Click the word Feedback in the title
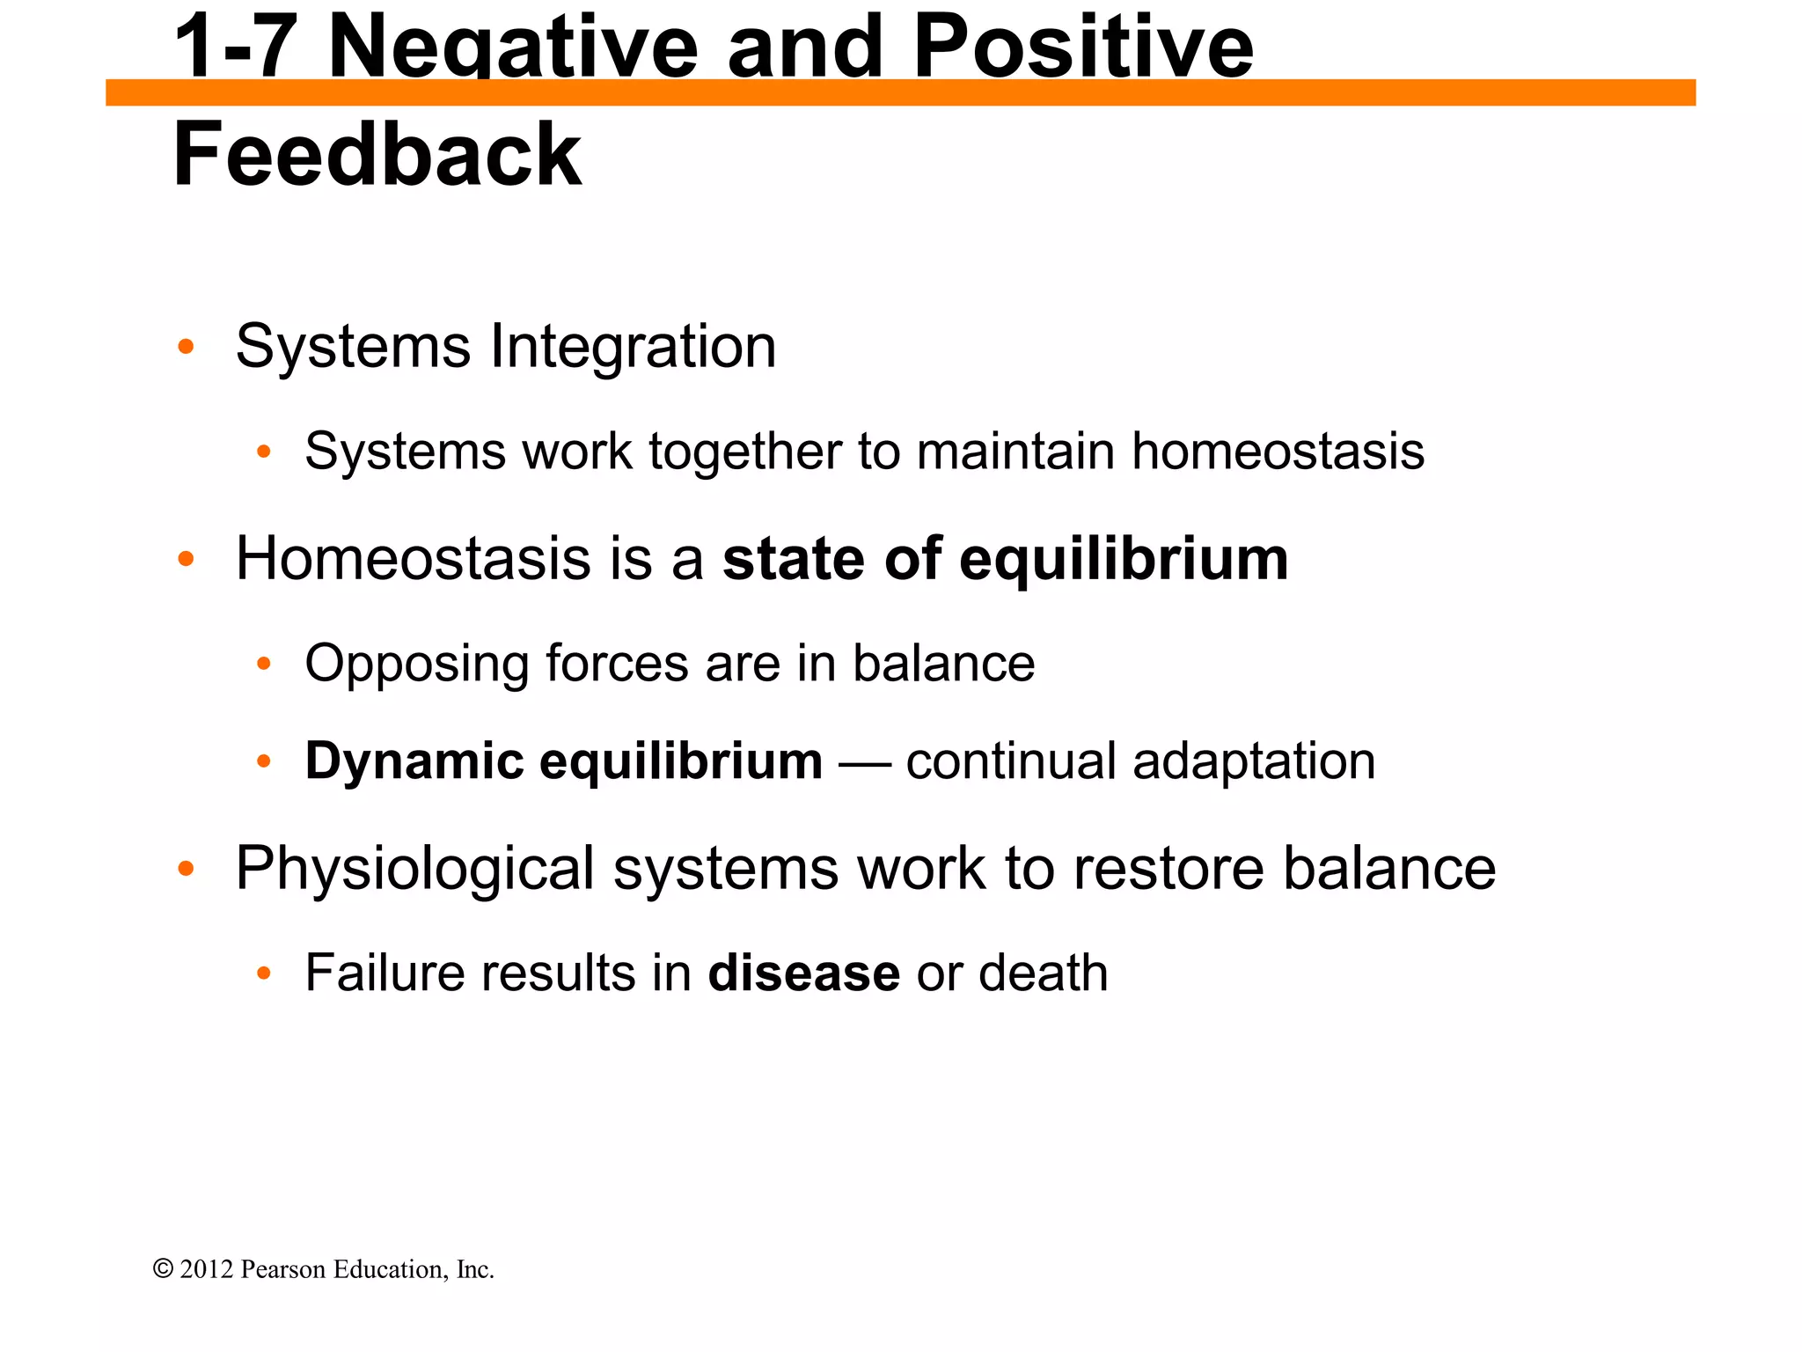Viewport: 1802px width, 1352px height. pyautogui.click(x=377, y=155)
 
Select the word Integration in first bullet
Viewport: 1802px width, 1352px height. pyautogui.click(x=633, y=346)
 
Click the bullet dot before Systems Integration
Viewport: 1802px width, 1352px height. pyautogui.click(x=185, y=347)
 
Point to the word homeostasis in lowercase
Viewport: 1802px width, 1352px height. pyautogui.click(x=1277, y=452)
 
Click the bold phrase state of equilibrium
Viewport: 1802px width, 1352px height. pyautogui.click(x=1005, y=559)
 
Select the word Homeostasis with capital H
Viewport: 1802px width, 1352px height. pyautogui.click(x=413, y=559)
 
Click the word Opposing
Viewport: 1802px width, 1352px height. pyautogui.click(x=416, y=665)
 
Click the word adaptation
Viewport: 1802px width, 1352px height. pyautogui.click(x=1254, y=761)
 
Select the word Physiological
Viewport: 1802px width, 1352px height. pyautogui.click(x=414, y=870)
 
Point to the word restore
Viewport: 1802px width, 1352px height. pyautogui.click(x=1168, y=869)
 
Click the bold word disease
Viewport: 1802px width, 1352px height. pyautogui.click(x=803, y=974)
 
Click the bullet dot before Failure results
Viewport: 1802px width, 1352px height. pyautogui.click(x=263, y=974)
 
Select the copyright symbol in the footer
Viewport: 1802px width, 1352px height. pyautogui.click(x=163, y=1268)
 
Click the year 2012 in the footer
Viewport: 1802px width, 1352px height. pyautogui.click(x=207, y=1269)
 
